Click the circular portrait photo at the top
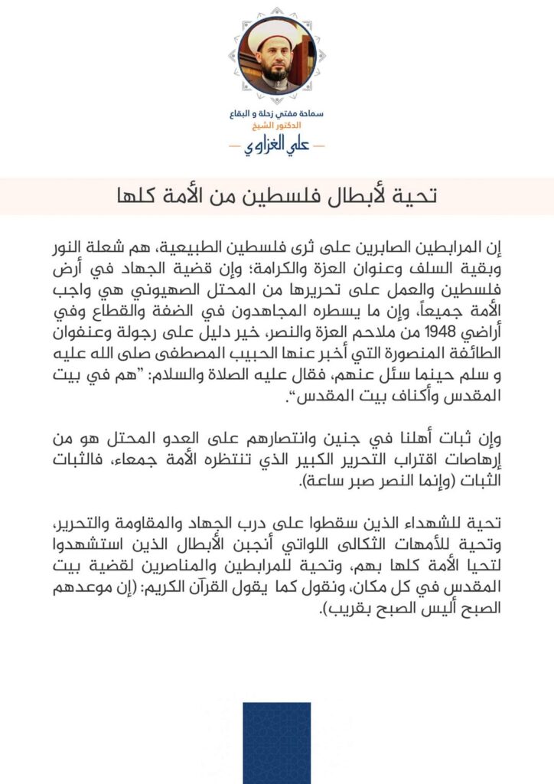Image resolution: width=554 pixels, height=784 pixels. pos(276,56)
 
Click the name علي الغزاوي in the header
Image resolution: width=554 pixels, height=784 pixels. pos(277,145)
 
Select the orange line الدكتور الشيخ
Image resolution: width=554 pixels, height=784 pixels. pos(276,125)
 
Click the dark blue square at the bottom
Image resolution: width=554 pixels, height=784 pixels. pos(277,743)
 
